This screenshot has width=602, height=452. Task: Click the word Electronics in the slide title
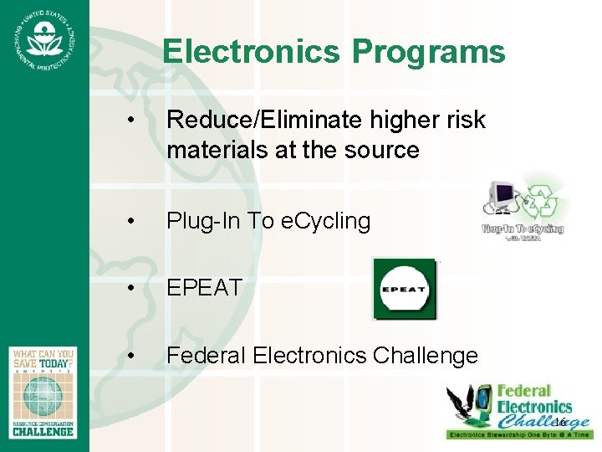click(252, 52)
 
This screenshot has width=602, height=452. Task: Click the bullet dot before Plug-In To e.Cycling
click(130, 221)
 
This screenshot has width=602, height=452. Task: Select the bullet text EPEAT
click(204, 288)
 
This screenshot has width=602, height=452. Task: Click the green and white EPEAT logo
click(405, 289)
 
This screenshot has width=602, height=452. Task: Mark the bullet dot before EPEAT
click(130, 288)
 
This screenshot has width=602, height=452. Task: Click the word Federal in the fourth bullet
click(207, 356)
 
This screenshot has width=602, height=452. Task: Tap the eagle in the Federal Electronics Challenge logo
click(469, 407)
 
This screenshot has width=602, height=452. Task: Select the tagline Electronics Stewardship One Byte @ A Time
click(519, 435)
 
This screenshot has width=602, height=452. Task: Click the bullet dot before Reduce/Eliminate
click(130, 121)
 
